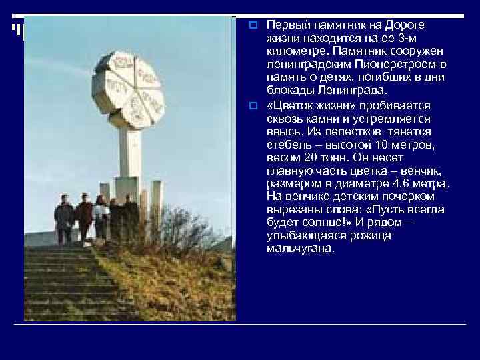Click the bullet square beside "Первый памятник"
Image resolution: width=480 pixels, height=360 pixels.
tap(253, 25)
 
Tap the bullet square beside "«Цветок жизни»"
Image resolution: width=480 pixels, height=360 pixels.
tap(253, 106)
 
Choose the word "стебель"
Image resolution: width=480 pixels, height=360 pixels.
tap(287, 145)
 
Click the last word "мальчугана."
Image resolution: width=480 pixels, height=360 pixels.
tap(299, 249)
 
